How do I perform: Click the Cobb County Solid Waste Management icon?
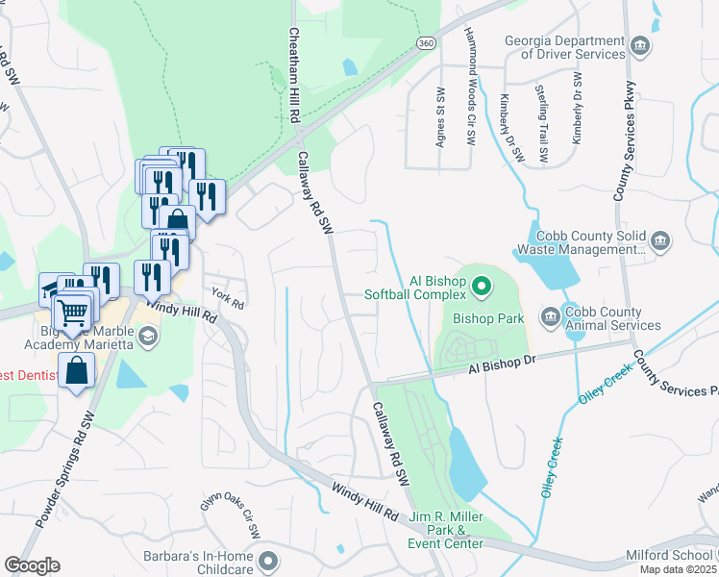660,240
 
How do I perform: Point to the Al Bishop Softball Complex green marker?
483,286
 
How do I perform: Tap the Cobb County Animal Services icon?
550,315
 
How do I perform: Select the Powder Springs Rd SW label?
67,471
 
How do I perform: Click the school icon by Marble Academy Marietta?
147,337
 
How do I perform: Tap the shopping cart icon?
73,311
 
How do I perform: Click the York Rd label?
229,298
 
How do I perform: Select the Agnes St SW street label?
441,114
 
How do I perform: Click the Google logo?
32,565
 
